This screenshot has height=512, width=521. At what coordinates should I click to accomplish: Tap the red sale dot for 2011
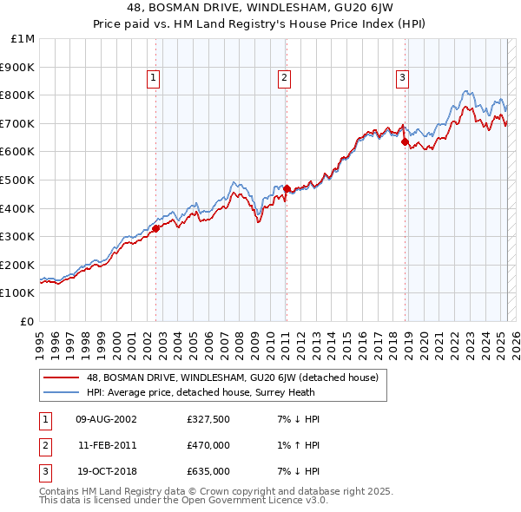point(287,188)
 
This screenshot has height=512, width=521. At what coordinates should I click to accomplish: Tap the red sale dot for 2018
point(406,142)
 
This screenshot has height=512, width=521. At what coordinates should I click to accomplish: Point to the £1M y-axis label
point(23,39)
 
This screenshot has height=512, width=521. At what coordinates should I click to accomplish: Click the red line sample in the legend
point(61,378)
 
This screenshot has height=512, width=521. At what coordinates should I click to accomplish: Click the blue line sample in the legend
point(61,392)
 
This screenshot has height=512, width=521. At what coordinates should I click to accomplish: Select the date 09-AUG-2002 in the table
point(106,420)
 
